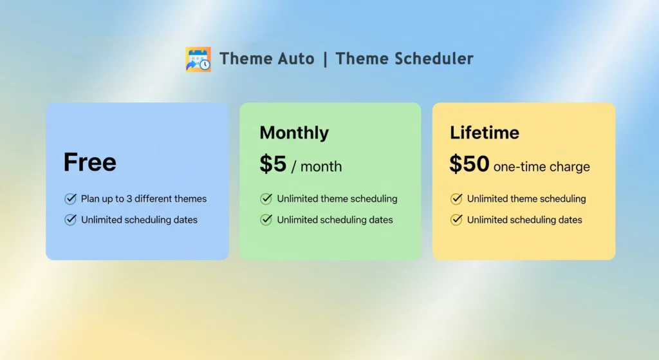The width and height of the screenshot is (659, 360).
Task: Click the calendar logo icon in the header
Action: coord(198,59)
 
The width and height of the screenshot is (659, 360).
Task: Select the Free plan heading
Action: coord(89,162)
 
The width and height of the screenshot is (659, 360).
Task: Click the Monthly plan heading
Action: coord(294,133)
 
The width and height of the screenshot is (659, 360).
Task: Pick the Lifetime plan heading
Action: coord(485,133)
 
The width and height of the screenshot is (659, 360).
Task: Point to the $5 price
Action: coord(273,164)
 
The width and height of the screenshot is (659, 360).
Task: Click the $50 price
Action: coord(469,164)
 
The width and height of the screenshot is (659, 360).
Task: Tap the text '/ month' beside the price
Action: coord(317,167)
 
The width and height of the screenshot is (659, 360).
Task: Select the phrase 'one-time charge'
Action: coord(541,167)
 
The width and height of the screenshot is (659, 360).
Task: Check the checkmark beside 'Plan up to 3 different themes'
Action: coord(71,199)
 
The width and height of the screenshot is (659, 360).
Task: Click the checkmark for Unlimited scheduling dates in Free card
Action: coord(71,220)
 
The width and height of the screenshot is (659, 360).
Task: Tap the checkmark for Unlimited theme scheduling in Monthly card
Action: coord(266,199)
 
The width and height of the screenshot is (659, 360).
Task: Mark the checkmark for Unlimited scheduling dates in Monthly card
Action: coord(266,220)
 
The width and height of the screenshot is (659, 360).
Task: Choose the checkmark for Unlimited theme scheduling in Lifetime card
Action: coord(456,199)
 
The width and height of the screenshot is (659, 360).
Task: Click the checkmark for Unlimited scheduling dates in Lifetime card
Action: coord(456,220)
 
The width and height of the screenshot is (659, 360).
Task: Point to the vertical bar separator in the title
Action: coord(325,59)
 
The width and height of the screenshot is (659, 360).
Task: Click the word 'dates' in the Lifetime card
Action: coord(569,220)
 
